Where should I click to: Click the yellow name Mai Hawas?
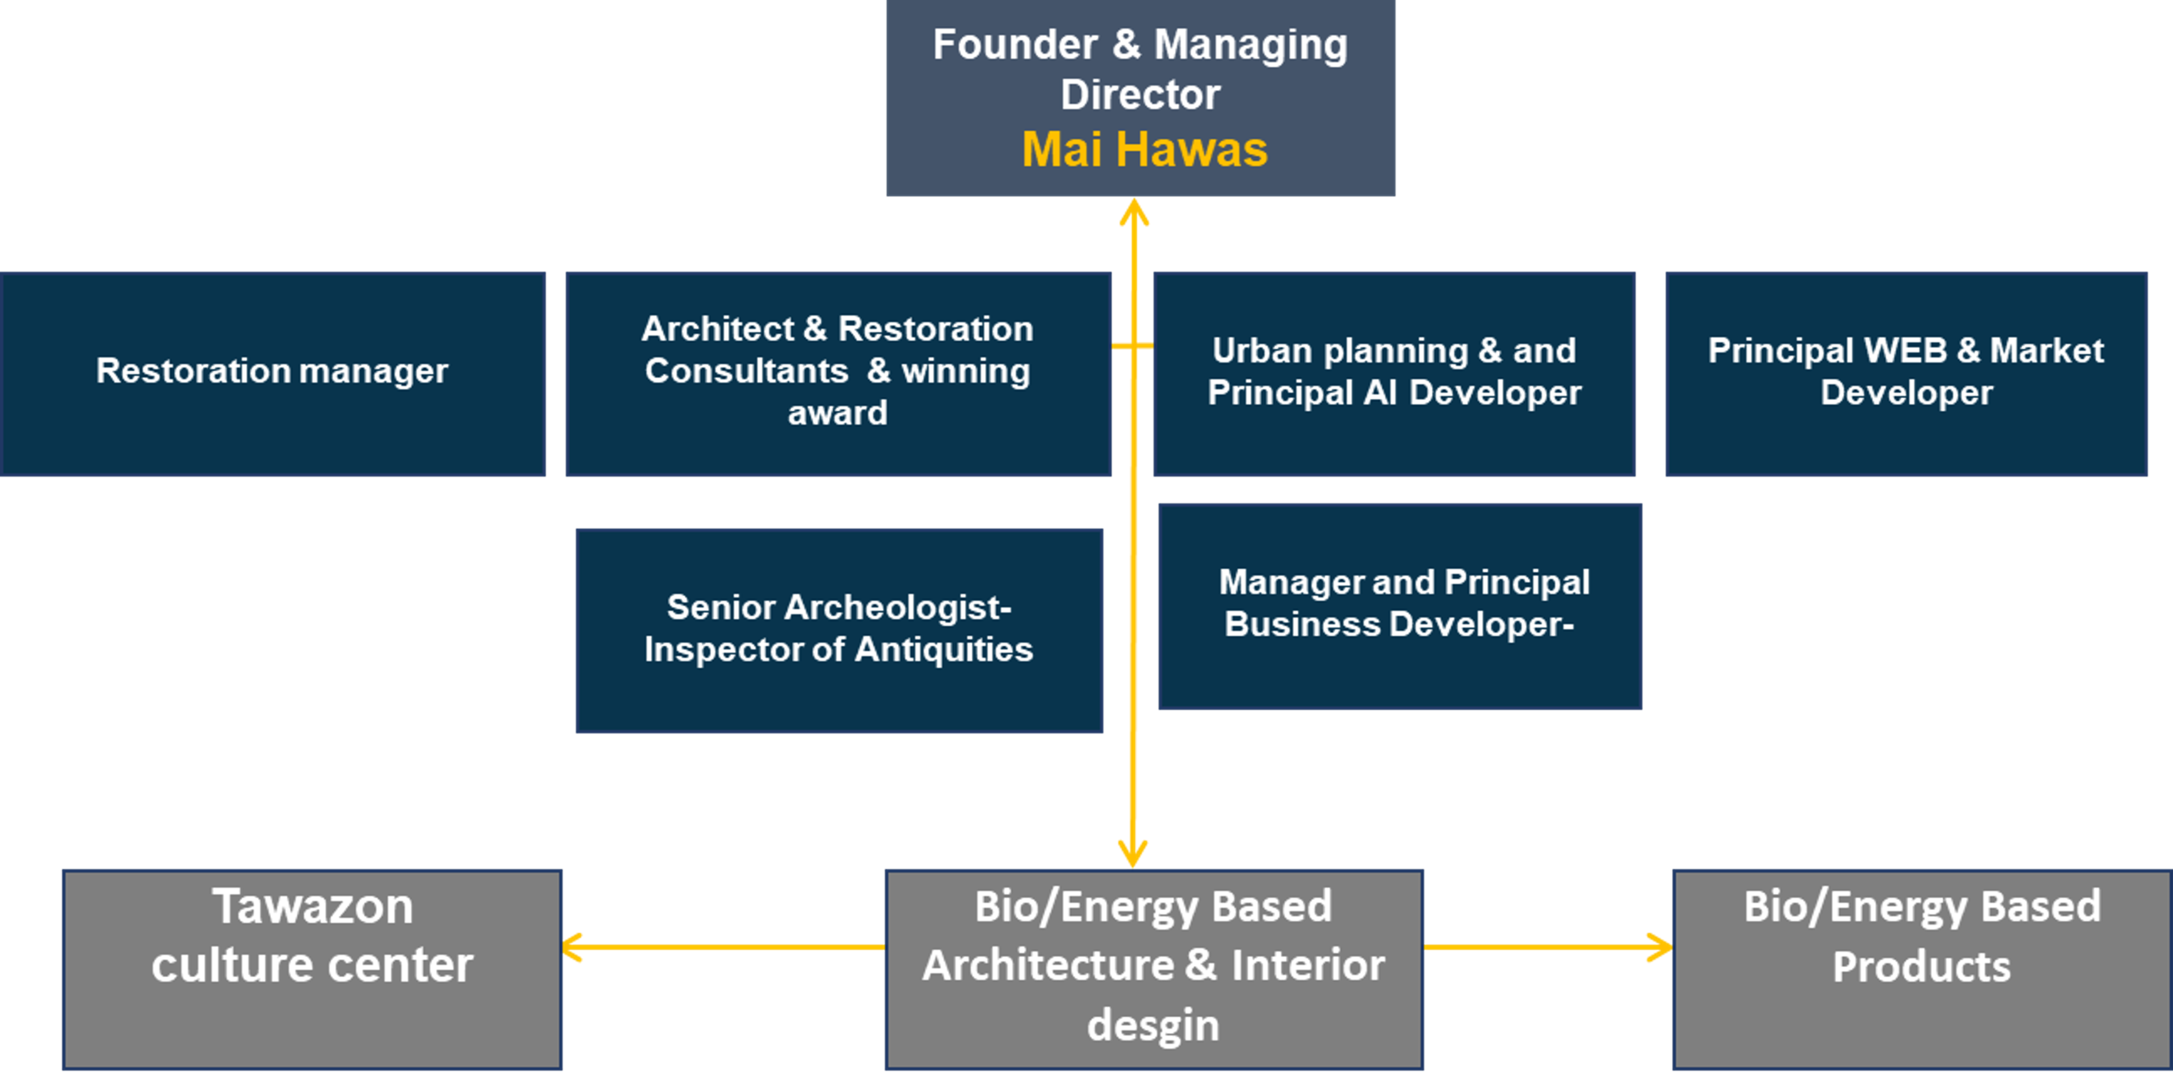[x=1144, y=150]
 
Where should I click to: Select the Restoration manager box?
[x=272, y=374]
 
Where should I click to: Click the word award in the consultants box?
[x=837, y=413]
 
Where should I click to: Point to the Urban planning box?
[x=1394, y=374]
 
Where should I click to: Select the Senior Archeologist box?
[x=839, y=630]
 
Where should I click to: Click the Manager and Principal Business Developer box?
[x=1400, y=605]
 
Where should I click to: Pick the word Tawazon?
[x=312, y=907]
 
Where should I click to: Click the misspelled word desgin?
[x=1153, y=1025]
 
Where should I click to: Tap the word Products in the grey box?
[x=1921, y=967]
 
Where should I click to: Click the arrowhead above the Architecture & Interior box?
[x=1133, y=854]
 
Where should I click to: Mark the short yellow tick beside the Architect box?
[x=1132, y=345]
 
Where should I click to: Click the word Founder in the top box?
[x=1014, y=44]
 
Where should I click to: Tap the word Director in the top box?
[x=1140, y=94]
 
